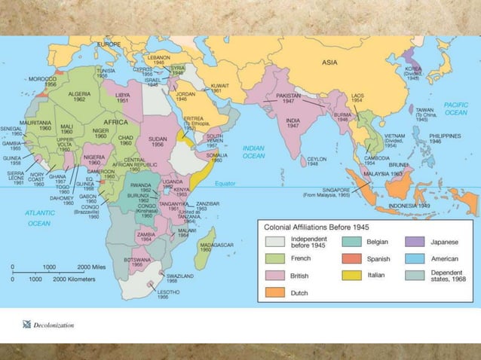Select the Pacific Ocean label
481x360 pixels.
click(x=455, y=108)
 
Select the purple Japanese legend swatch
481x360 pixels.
click(x=414, y=241)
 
